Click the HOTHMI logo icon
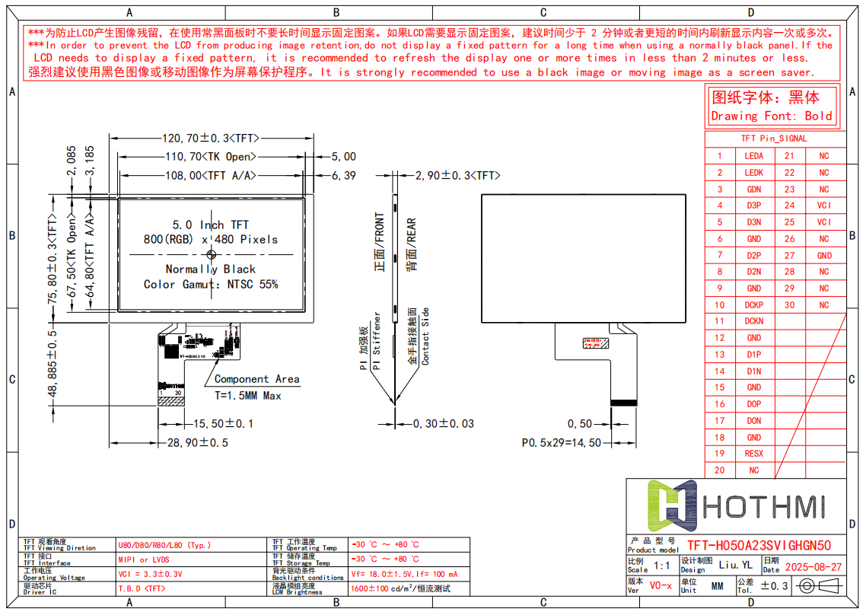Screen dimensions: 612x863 pyautogui.click(x=672, y=505)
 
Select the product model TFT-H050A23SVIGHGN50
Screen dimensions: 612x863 pyautogui.click(x=759, y=546)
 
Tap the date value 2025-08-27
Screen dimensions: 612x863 pyautogui.click(x=813, y=567)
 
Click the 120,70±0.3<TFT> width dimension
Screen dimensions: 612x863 pyautogui.click(x=211, y=139)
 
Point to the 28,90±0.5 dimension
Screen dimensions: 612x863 pyautogui.click(x=198, y=442)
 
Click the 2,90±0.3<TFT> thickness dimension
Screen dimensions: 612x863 pyautogui.click(x=457, y=176)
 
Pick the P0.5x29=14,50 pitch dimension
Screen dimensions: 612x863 pyautogui.click(x=561, y=442)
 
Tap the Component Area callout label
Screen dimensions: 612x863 pyautogui.click(x=256, y=379)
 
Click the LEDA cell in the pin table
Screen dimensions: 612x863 pyautogui.click(x=753, y=156)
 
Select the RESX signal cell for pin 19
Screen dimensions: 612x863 pyautogui.click(x=753, y=454)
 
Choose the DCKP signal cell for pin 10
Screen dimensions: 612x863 pyautogui.click(x=753, y=305)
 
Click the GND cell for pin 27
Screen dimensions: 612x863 pyautogui.click(x=824, y=256)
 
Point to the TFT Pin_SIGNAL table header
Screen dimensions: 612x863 pyautogui.click(x=774, y=139)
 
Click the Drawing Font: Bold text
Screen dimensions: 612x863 pyautogui.click(x=772, y=116)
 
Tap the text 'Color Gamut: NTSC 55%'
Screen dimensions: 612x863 pyautogui.click(x=211, y=285)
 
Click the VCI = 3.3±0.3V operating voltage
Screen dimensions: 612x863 pyautogui.click(x=151, y=574)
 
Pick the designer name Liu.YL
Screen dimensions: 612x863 pyautogui.click(x=735, y=566)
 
